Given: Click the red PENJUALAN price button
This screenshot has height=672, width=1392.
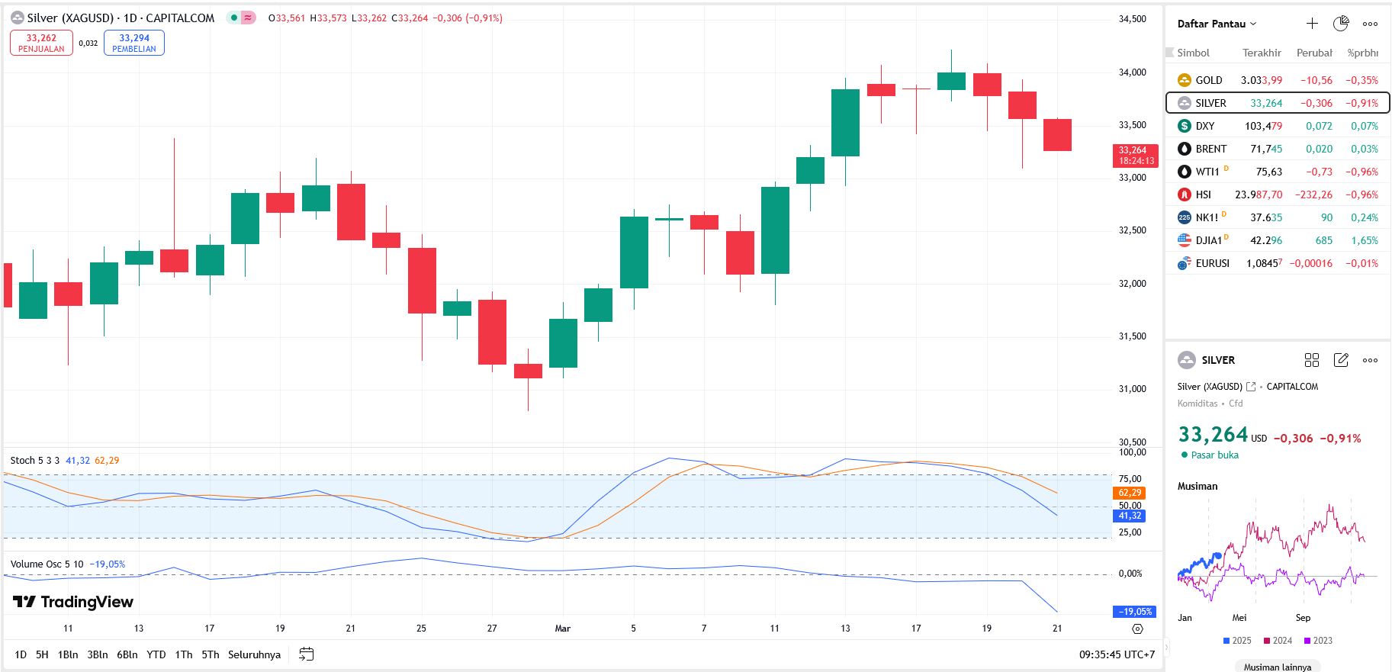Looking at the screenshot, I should coord(41,43).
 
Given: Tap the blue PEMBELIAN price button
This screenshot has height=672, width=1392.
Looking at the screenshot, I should coord(134,43).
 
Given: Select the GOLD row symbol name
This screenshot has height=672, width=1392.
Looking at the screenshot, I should coord(1208,80).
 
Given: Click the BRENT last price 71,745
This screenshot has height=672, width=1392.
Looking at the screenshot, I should coord(1265,149).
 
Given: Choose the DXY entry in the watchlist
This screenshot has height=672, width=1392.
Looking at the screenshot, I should coord(1204,126).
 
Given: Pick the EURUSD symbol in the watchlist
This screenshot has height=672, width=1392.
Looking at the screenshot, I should coord(1212,263).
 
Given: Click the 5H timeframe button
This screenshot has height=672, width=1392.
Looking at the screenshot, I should coord(42,654).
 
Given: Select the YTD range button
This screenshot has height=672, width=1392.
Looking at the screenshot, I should coord(156,654).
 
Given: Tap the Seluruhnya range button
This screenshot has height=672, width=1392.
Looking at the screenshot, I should coord(254,654).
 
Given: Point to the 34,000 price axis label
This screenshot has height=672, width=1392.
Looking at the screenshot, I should coord(1132,72).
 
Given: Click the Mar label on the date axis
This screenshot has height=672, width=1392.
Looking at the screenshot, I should coord(562,629).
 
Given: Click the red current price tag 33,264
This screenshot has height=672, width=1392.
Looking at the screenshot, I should coord(1135,155).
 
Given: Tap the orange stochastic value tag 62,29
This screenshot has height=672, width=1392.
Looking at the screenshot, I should coord(1130,493).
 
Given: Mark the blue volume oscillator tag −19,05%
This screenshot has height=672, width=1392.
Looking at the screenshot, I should coord(1134,612).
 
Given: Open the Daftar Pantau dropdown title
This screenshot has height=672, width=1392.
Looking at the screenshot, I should coord(1216,24).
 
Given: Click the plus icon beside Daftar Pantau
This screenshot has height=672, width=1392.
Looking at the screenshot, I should coord(1312,24).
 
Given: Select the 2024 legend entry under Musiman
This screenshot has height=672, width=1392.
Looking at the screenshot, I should coord(1278,641).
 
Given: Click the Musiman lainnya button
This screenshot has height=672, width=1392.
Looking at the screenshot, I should coord(1277,667).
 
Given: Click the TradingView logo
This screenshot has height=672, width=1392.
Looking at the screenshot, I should coord(73,602).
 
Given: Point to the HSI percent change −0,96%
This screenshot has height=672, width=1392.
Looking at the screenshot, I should coord(1362,195).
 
